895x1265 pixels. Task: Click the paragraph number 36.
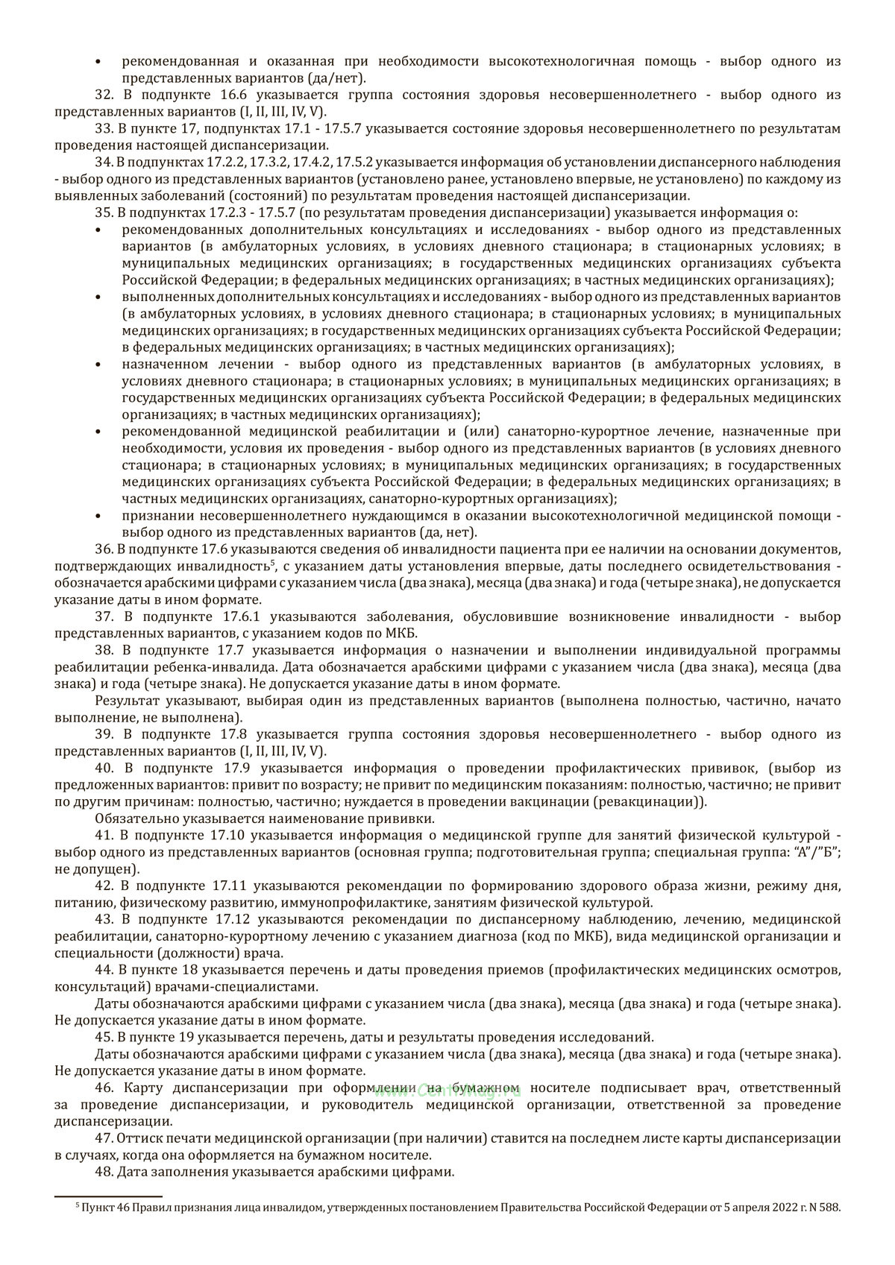(x=104, y=549)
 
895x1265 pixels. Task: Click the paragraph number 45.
(x=104, y=1037)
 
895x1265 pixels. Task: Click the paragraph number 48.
(x=104, y=1172)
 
